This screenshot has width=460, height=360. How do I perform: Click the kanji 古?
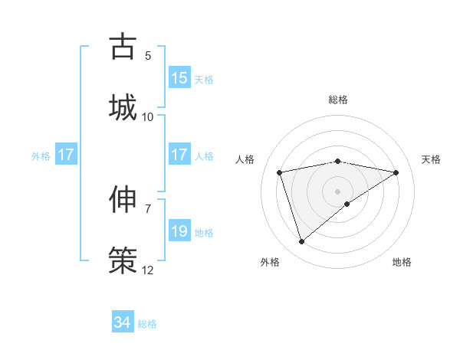123,47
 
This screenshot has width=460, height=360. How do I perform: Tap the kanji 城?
123,106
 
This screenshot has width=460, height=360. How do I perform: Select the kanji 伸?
123,200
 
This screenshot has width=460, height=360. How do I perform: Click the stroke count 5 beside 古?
148,55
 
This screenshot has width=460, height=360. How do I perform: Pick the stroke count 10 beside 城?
148,116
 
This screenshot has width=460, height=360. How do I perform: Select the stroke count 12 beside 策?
148,270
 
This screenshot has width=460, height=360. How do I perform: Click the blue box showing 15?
179,78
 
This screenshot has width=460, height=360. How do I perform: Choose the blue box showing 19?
179,231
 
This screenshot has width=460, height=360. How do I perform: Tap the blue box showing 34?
123,323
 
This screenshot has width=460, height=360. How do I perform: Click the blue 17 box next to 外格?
66,155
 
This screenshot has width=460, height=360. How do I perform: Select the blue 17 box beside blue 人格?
179,155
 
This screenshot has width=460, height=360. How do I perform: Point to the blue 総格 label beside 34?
147,324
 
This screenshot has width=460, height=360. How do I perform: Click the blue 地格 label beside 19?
204,232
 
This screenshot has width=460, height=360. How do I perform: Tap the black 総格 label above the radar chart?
338,100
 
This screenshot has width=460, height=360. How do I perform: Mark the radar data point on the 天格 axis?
396,172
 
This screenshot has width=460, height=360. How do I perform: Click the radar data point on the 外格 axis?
301,242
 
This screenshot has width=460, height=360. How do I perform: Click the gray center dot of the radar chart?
338,191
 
